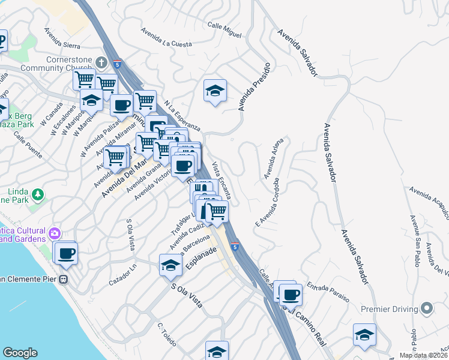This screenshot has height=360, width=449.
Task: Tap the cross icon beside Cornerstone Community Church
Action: coord(103,61)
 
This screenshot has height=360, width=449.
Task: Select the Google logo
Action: coord(20,353)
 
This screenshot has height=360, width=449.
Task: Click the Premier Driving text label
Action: coord(389,309)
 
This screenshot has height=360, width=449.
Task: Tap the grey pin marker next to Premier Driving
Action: coord(427,308)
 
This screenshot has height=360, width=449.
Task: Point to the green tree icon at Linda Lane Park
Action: coord(38,194)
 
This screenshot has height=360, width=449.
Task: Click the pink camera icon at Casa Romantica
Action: coord(55,233)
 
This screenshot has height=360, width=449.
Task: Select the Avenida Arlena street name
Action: coord(273,158)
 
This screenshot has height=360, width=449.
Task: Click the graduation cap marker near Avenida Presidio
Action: coord(215,91)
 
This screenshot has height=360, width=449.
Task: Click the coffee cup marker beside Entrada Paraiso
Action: coord(291,294)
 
